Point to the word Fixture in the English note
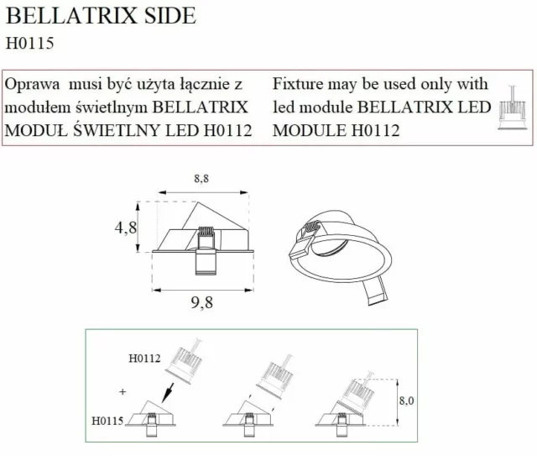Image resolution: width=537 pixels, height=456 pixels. click(x=300, y=86)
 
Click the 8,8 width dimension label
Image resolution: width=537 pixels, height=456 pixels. click(x=201, y=178)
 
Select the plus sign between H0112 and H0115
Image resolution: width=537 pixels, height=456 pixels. click(x=123, y=391)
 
